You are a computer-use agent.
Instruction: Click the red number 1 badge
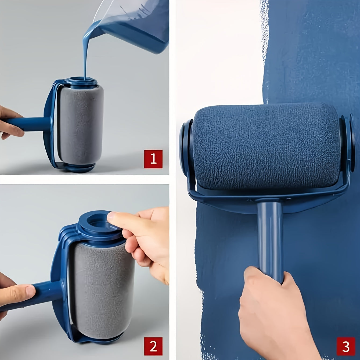tap(153, 159)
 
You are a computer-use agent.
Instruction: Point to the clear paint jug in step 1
tap(134, 24)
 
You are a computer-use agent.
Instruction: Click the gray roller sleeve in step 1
tap(81, 124)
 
